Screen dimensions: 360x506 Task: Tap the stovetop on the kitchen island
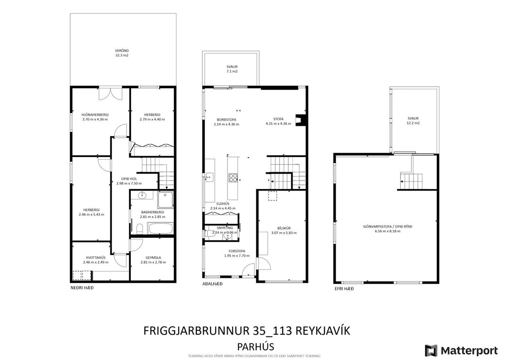(x=233, y=177)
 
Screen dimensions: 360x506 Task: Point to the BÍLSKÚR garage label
(x=284, y=228)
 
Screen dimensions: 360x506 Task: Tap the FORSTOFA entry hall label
(x=237, y=251)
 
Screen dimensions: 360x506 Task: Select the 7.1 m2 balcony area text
(x=232, y=71)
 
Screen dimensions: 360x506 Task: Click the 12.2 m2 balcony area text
(x=413, y=123)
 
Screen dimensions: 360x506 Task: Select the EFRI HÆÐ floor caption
(x=344, y=288)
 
